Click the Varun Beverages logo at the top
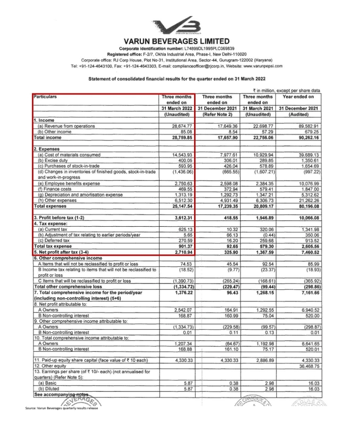tap(180, 25)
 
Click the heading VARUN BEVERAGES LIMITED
tap(180, 41)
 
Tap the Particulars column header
tap(47, 97)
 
